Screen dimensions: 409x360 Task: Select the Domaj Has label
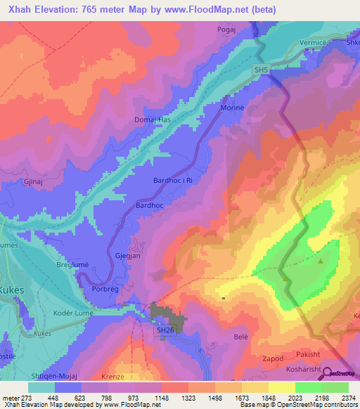153,120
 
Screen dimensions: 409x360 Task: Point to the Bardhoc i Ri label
172,181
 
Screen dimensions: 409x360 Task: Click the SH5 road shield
261,69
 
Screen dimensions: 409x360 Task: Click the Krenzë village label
122,377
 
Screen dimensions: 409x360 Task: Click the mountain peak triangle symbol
321,261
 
